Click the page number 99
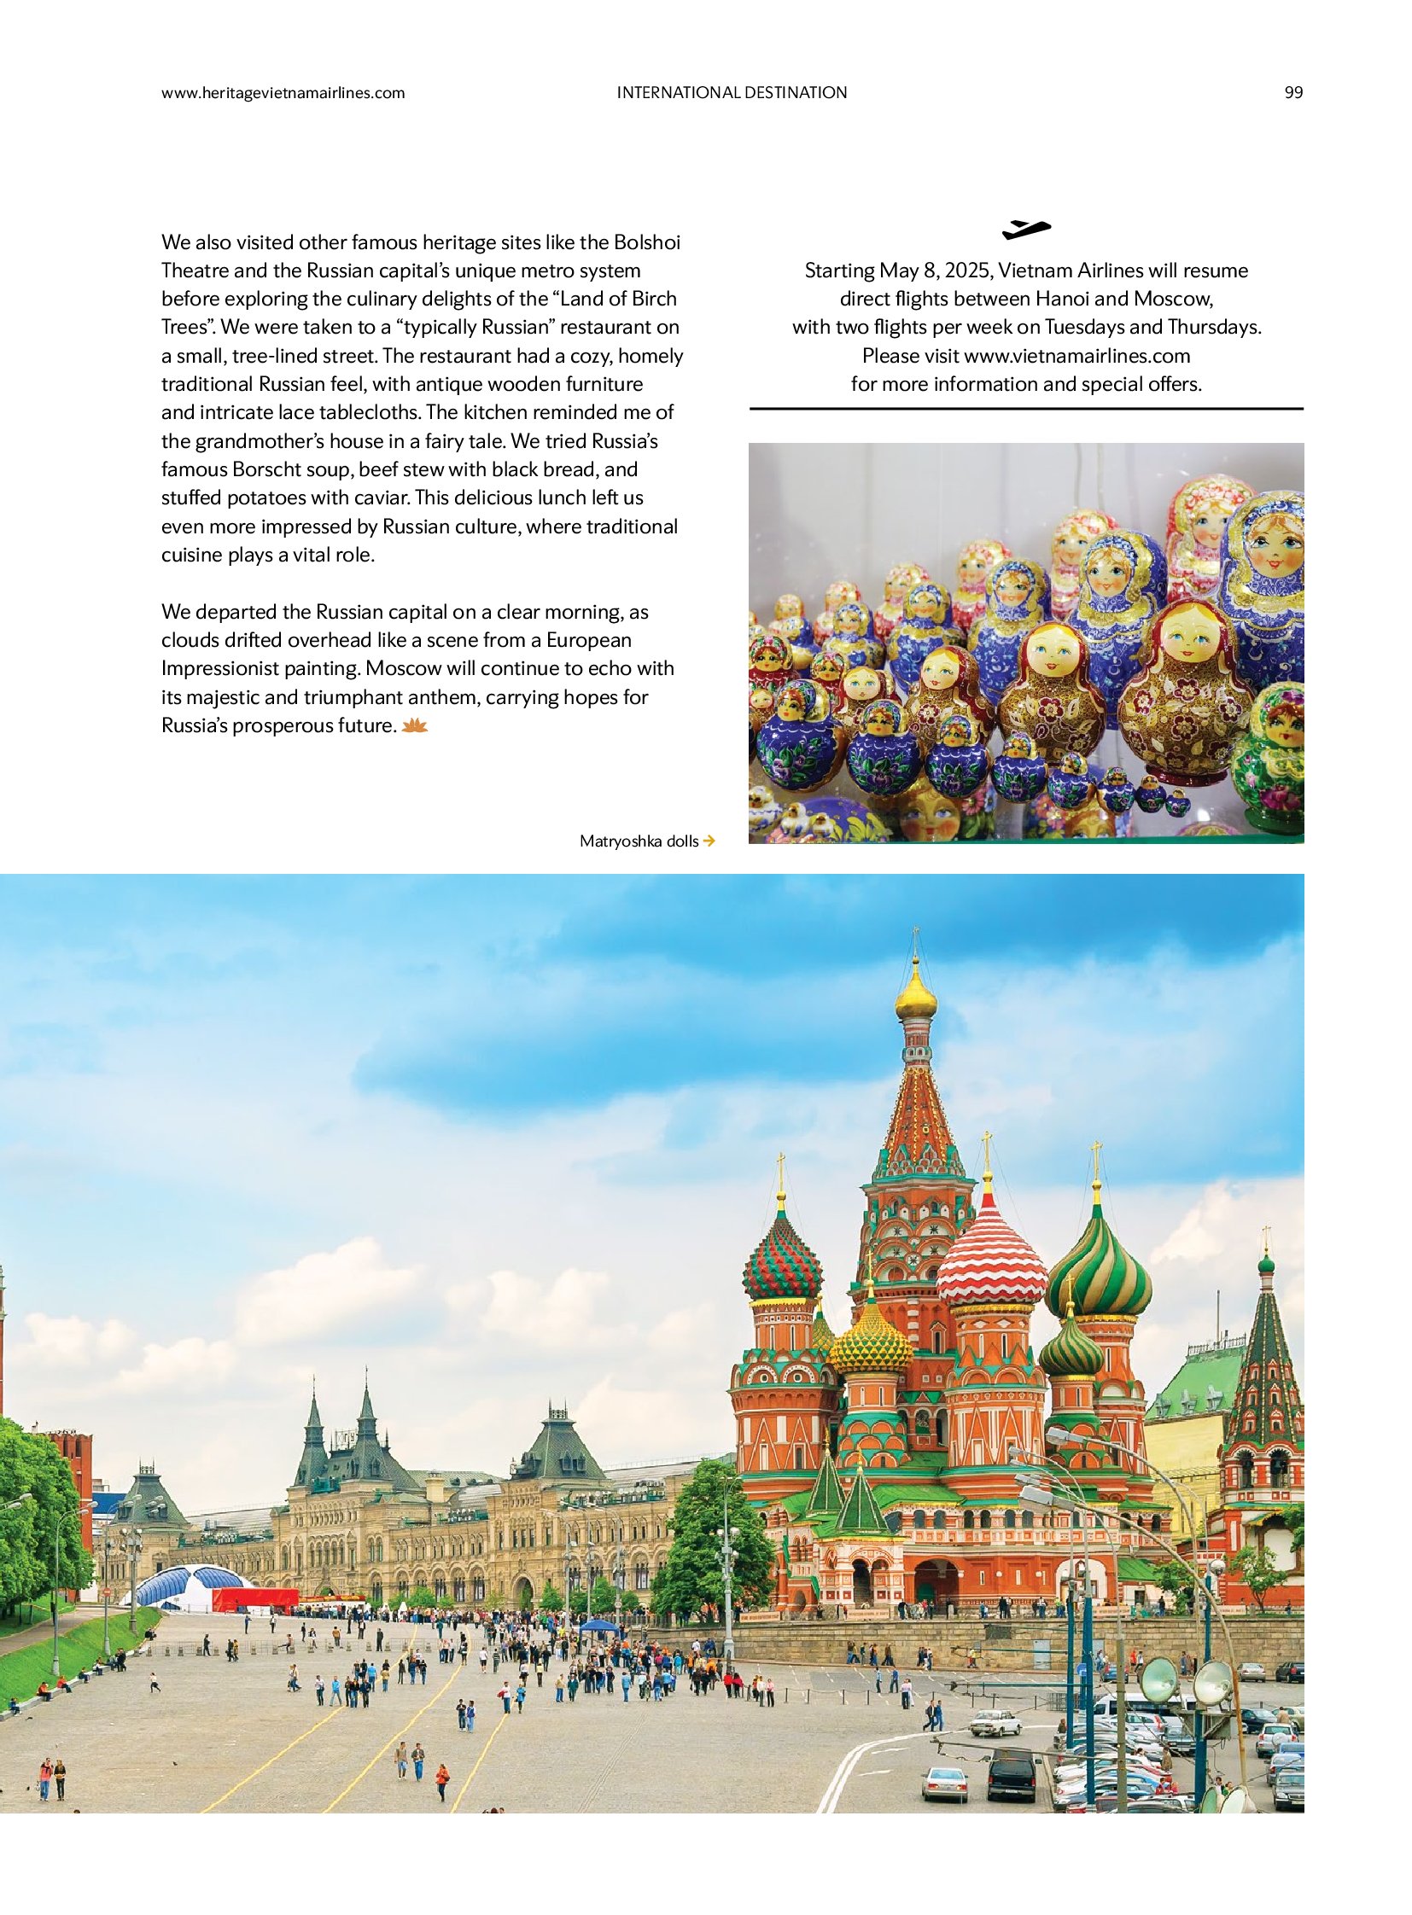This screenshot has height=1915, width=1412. point(1293,93)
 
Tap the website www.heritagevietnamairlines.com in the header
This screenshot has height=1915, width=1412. point(283,93)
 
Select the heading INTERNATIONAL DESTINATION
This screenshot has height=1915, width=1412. point(732,93)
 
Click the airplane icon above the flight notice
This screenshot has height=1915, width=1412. point(1025,229)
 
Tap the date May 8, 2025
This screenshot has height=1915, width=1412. point(934,271)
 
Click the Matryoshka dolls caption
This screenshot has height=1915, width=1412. point(639,841)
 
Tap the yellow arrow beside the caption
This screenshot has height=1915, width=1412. point(709,841)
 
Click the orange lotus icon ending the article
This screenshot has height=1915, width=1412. point(415,726)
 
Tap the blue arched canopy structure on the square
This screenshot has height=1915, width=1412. point(185,1586)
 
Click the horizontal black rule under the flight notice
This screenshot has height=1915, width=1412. point(1025,410)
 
